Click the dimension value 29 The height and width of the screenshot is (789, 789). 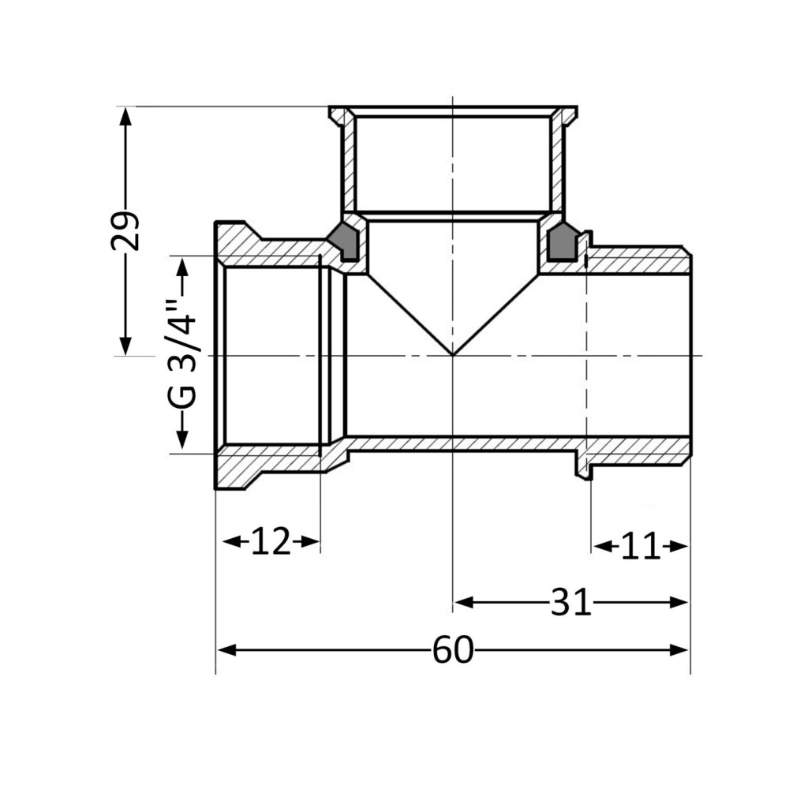point(125,230)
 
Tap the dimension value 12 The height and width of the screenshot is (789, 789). point(271,541)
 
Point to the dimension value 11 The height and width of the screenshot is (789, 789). point(640,546)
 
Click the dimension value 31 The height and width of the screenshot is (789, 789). point(570,602)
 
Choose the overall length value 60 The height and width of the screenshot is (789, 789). point(453,649)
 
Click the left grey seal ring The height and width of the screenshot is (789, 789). point(343,241)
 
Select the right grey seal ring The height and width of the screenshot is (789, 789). point(562,241)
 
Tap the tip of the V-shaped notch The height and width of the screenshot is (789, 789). point(453,355)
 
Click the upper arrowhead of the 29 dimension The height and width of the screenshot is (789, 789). point(125,117)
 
